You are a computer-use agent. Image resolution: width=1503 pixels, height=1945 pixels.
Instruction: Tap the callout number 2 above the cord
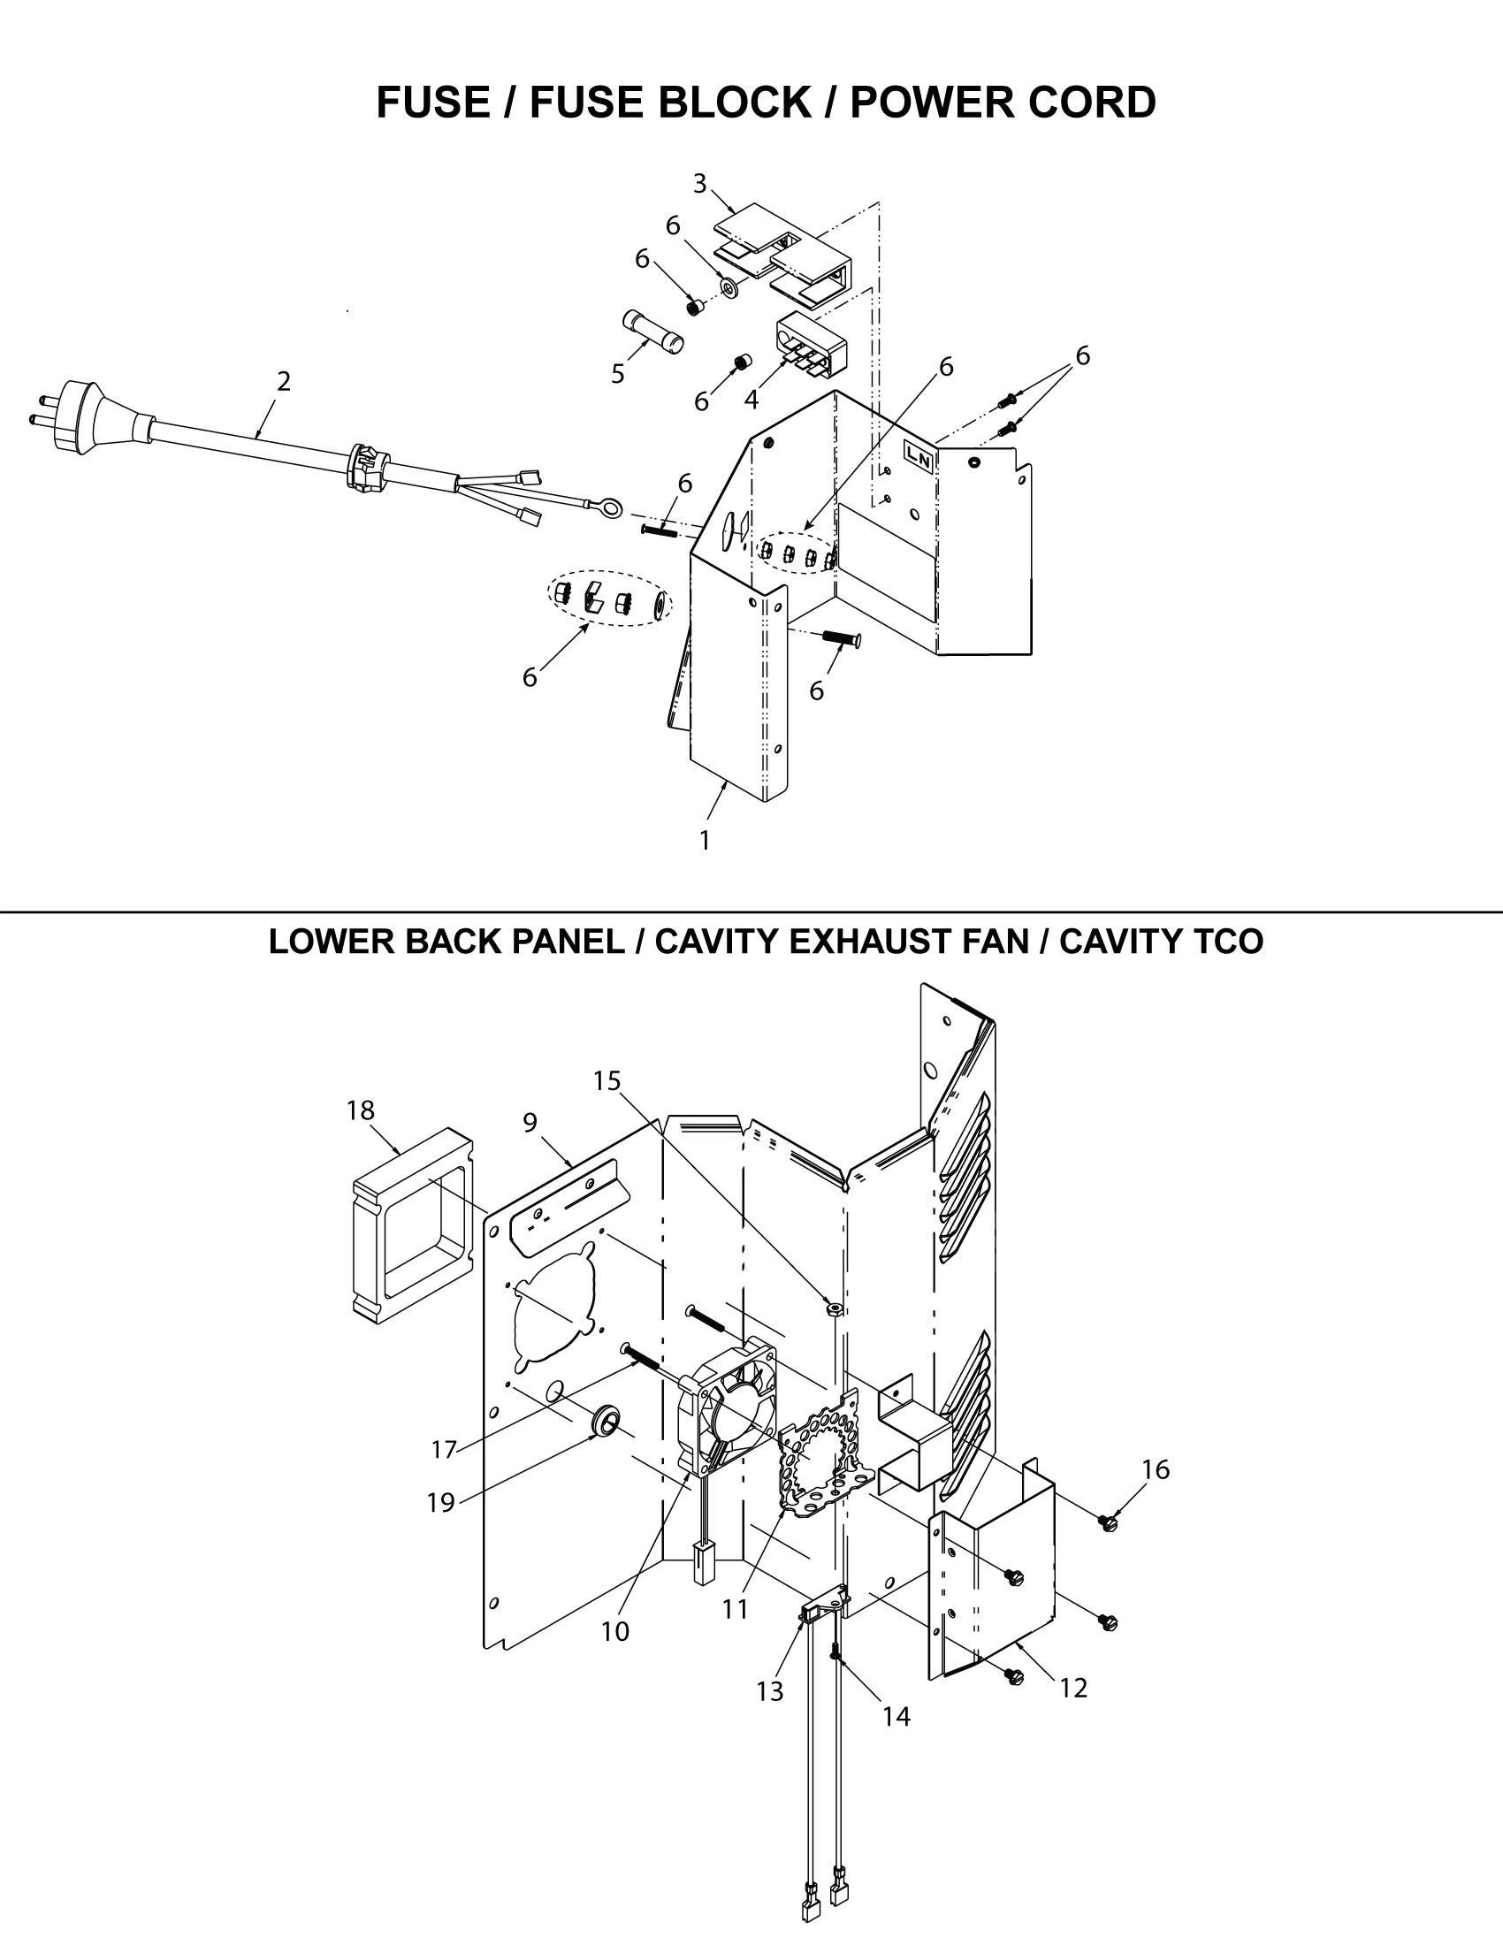283,381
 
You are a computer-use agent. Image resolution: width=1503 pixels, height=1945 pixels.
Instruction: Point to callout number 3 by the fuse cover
700,184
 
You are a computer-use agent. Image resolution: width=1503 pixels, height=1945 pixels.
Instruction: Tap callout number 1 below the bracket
705,840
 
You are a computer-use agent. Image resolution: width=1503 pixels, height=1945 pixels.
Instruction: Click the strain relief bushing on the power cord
366,467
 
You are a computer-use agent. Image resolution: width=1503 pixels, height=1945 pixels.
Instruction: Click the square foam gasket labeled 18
411,1224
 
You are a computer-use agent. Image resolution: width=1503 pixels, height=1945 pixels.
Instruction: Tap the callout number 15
607,1080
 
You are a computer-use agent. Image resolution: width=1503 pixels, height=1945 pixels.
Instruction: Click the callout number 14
896,1716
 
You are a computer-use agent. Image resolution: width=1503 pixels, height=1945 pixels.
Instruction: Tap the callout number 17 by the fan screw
444,1449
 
